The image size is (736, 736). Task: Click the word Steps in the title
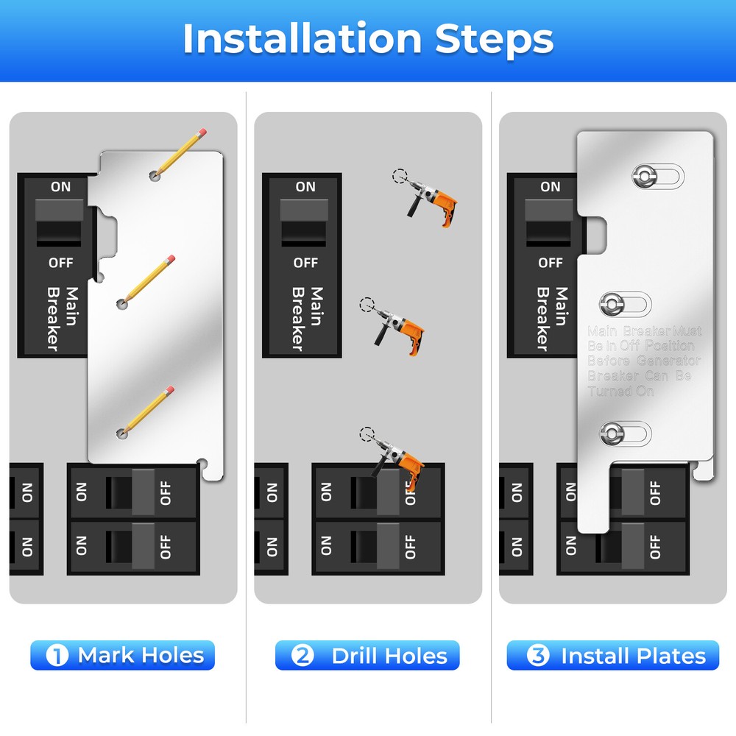(x=495, y=40)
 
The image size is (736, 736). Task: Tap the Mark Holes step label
(x=122, y=655)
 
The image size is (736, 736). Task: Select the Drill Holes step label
(x=367, y=655)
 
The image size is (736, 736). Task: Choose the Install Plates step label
(x=612, y=655)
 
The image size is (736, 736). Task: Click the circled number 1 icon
(x=57, y=655)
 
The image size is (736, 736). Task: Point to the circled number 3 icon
(x=538, y=655)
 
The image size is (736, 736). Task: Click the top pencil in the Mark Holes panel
(x=180, y=154)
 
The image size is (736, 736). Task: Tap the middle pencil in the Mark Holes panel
(x=147, y=280)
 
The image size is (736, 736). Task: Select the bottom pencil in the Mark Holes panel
(x=147, y=411)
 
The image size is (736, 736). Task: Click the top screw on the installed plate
(x=645, y=177)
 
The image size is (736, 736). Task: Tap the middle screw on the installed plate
(x=612, y=304)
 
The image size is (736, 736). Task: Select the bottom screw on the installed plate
(x=612, y=434)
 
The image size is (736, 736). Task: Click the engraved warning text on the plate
(x=644, y=361)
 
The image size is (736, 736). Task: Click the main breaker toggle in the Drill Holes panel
(x=304, y=222)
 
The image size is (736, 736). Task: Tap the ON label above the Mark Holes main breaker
(x=60, y=187)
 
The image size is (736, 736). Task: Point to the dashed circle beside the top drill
(x=400, y=176)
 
